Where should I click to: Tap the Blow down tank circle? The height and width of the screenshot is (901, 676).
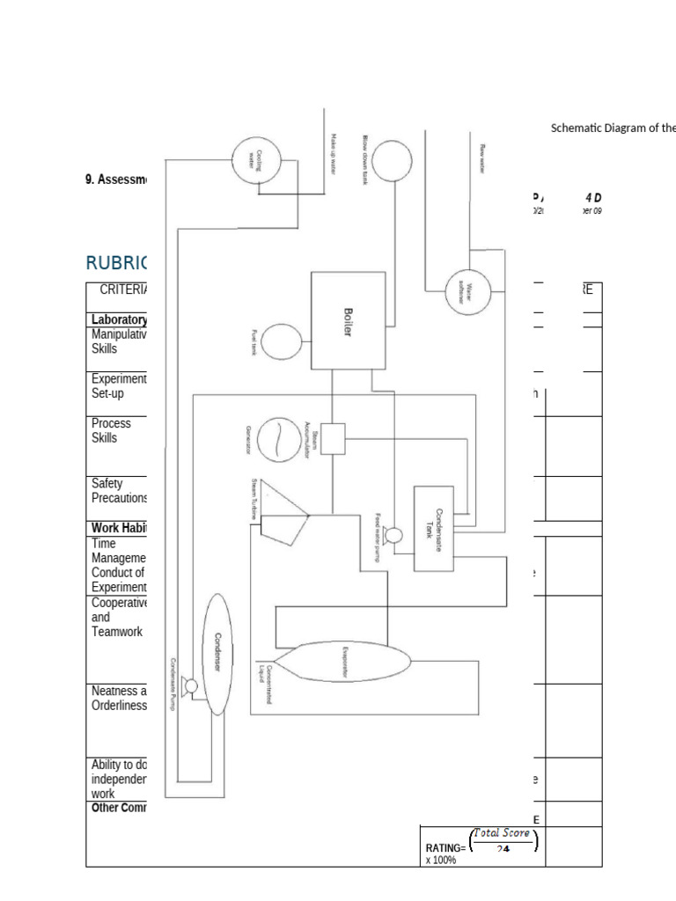click(x=392, y=162)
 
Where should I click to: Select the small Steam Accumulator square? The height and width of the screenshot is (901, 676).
click(x=333, y=439)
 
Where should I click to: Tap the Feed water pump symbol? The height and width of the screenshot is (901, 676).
click(x=394, y=536)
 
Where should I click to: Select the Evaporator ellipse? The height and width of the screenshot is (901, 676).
click(x=345, y=663)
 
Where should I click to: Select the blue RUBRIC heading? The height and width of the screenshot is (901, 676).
click(x=116, y=262)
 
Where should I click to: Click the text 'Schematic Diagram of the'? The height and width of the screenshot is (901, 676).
click(x=613, y=128)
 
